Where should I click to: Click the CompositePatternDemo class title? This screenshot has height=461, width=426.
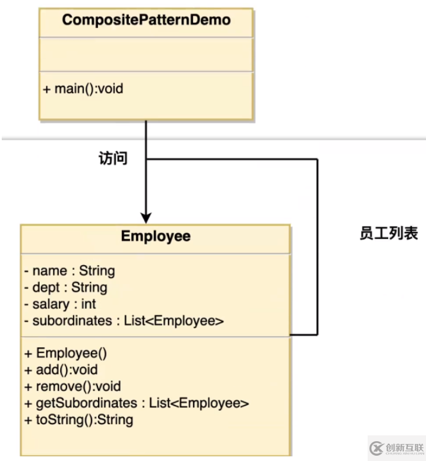(x=146, y=20)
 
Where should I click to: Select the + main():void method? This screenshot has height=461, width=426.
(x=82, y=89)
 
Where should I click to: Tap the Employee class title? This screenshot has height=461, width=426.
(x=155, y=237)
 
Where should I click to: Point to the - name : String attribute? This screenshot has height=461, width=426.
(x=69, y=270)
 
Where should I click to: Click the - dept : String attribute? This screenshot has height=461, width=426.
(x=65, y=287)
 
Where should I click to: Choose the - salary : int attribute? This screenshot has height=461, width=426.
(x=60, y=304)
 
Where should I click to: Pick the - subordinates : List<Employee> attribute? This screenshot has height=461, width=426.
(x=124, y=321)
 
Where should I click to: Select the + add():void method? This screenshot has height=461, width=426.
(x=61, y=369)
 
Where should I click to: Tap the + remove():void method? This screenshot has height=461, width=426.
(x=72, y=386)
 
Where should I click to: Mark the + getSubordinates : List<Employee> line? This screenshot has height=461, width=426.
(x=137, y=403)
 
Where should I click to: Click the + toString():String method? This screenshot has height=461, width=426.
(x=79, y=420)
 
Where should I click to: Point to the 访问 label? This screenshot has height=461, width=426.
(x=113, y=159)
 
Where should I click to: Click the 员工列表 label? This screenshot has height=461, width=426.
(x=389, y=234)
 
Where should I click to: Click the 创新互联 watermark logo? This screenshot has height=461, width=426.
(x=396, y=448)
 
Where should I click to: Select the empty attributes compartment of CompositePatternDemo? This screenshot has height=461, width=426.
(x=146, y=55)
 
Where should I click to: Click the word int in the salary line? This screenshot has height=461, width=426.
(x=89, y=304)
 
